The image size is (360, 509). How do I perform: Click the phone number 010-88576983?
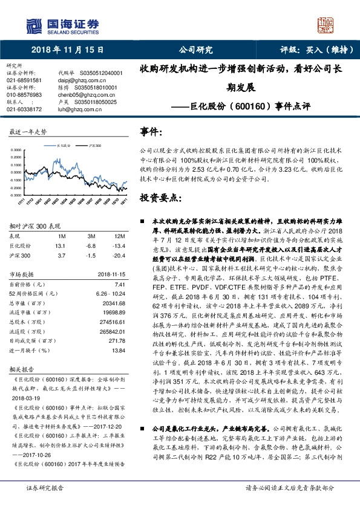click(x=24, y=94)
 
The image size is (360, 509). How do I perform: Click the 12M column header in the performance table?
click(x=119, y=236)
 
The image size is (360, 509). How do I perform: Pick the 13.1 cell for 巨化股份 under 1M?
click(x=59, y=245)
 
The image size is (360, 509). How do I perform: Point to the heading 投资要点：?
click(x=157, y=198)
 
